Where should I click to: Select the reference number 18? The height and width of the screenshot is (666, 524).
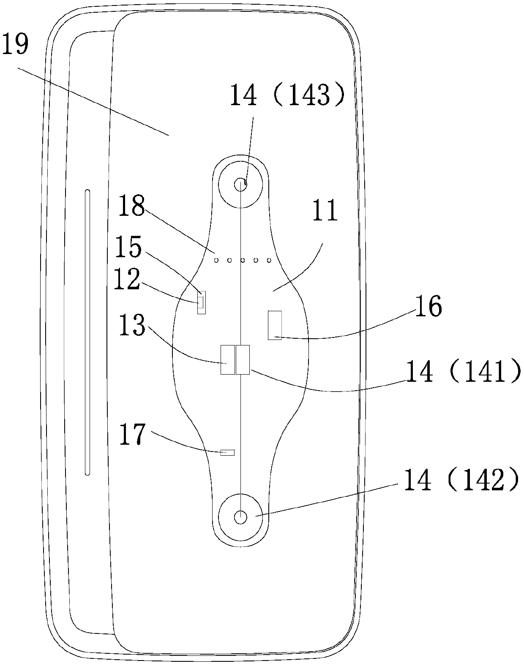[131, 206]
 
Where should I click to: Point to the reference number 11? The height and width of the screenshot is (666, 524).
[325, 211]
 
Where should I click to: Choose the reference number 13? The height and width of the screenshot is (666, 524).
[131, 325]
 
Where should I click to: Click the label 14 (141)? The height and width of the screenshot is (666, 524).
[463, 372]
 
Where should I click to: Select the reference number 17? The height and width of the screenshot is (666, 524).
[132, 435]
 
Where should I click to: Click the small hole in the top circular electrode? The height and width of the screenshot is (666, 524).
[240, 184]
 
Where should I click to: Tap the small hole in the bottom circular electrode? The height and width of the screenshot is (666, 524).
[240, 517]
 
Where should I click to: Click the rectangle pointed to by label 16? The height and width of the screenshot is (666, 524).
[275, 325]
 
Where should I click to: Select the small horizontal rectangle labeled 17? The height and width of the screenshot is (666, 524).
[227, 453]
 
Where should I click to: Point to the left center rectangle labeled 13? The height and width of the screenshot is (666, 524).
[227, 359]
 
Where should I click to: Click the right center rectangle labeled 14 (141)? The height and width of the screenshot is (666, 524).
[243, 359]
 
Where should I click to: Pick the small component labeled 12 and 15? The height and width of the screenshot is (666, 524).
[202, 302]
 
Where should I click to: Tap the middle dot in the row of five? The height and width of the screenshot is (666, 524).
[243, 260]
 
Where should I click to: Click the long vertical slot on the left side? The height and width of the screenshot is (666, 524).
[87, 332]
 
